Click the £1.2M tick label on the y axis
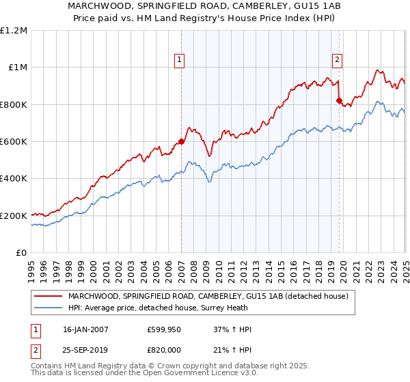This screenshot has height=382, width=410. tap(14, 31)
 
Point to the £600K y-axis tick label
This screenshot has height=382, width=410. tap(14, 142)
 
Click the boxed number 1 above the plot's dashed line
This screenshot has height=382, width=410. tap(179, 60)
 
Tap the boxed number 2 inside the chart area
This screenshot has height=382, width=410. tap(337, 60)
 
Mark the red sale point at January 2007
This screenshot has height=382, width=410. tap(181, 142)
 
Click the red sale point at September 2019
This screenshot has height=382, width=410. tap(339, 101)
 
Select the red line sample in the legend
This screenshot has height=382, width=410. tap(49, 296)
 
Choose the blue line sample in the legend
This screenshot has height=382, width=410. tap(49, 308)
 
